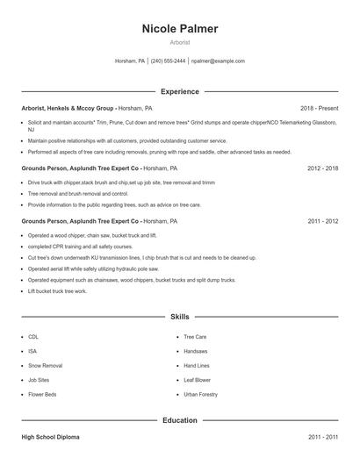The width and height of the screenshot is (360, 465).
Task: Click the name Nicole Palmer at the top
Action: [180, 29]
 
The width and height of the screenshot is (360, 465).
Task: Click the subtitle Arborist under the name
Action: [180, 42]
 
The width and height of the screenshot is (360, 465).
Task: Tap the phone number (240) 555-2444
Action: [168, 61]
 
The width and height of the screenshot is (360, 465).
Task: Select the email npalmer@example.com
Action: [217, 61]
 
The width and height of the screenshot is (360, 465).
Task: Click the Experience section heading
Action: [180, 91]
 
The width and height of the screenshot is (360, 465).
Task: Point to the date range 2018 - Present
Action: [319, 108]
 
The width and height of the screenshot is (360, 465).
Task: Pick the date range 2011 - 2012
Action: [322, 221]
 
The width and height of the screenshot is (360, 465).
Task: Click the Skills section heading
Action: [180, 316]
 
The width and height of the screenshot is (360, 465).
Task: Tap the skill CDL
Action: [33, 337]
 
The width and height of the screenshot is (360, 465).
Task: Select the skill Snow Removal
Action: [45, 366]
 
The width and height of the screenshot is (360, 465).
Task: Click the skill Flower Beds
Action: [42, 395]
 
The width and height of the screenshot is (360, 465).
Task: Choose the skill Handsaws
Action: [196, 351]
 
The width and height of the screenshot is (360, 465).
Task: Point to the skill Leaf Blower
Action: [197, 380]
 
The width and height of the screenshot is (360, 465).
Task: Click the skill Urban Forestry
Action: [200, 395]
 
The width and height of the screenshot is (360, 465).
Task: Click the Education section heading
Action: [180, 420]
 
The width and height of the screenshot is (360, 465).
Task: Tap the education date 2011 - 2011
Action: [322, 436]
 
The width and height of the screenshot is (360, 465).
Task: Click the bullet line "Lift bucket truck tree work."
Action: [57, 290]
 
